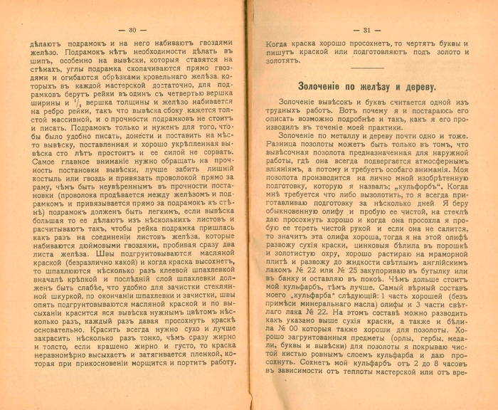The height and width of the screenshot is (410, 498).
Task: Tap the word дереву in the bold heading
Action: point(417,86)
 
